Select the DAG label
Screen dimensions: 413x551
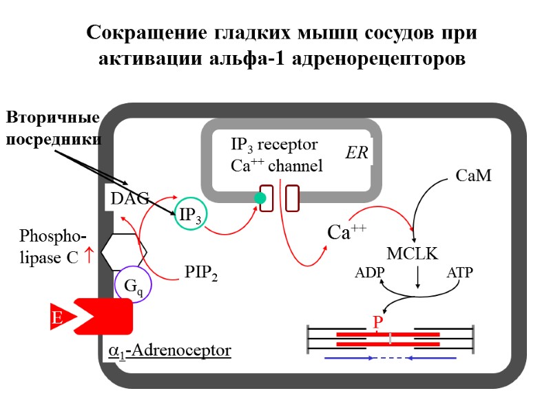click(x=129, y=198)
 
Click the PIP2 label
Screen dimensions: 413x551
click(x=201, y=273)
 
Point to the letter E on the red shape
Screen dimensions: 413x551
click(x=57, y=318)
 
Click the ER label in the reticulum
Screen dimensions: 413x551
click(x=357, y=153)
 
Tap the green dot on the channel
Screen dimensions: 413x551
click(x=260, y=198)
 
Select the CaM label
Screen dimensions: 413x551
click(x=474, y=176)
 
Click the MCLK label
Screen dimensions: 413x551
click(x=412, y=253)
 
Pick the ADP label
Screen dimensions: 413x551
click(x=370, y=273)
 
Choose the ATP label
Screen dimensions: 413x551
click(x=459, y=273)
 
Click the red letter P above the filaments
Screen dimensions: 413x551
click(x=377, y=322)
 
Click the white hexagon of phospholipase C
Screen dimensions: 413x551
click(x=124, y=252)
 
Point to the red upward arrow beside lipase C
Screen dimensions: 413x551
click(x=88, y=258)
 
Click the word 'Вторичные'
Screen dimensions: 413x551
click(x=54, y=118)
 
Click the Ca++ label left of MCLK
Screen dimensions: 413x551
click(x=346, y=233)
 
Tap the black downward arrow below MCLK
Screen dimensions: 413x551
click(x=418, y=277)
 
